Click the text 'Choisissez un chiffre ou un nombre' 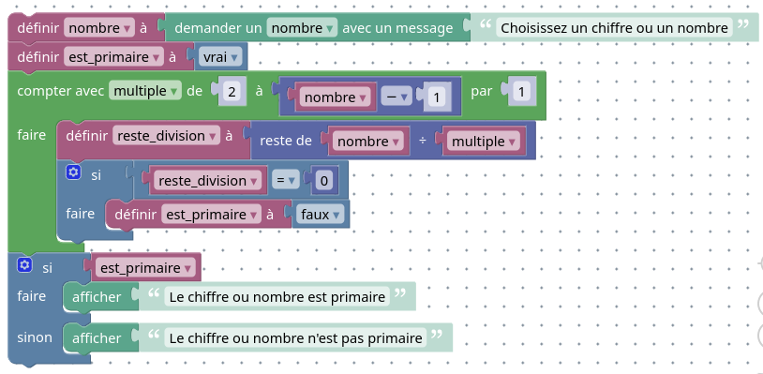(x=614, y=28)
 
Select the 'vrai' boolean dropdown (x=221, y=58)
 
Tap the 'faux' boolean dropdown (x=321, y=215)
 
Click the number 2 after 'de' (x=231, y=92)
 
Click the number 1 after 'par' (x=521, y=92)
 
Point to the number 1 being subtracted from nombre (x=436, y=97)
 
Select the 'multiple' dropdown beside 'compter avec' (x=145, y=91)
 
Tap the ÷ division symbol (x=423, y=142)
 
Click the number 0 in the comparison (x=324, y=180)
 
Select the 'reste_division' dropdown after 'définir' (x=165, y=136)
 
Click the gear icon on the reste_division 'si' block (x=73, y=172)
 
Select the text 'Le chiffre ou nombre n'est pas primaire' (x=295, y=337)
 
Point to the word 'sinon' (x=35, y=336)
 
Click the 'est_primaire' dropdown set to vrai (x=113, y=58)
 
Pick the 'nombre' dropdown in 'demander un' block (x=301, y=28)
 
